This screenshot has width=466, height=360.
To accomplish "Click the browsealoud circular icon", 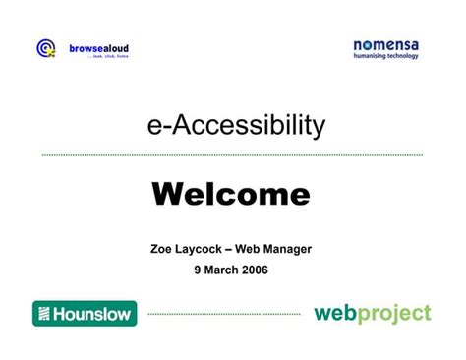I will click(x=45, y=48).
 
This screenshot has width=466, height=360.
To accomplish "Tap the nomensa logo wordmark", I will click(x=385, y=45).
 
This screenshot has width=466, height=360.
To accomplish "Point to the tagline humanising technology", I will click(x=385, y=56).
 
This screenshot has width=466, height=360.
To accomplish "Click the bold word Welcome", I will click(x=231, y=194).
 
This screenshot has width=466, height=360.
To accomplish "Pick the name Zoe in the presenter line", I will click(x=163, y=249).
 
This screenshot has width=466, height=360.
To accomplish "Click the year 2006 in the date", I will click(x=253, y=270).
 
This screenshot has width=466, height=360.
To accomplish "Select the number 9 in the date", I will click(x=197, y=270).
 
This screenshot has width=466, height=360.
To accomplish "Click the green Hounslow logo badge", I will click(x=85, y=314).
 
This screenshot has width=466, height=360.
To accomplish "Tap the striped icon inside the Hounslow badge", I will click(x=43, y=314).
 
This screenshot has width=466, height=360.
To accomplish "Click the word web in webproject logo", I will click(x=334, y=314).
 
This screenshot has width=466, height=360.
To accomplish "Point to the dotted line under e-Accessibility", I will click(x=232, y=155).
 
